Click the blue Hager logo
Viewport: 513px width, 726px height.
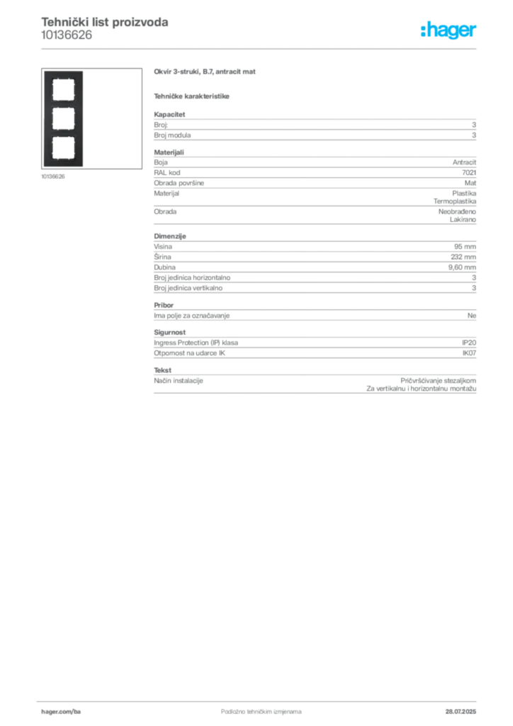450,32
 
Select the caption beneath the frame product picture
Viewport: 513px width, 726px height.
54,177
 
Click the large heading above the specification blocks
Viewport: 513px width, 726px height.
206,73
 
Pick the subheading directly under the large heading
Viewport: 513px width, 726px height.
192,96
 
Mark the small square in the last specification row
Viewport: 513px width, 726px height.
376,383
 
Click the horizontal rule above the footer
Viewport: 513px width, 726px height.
261,699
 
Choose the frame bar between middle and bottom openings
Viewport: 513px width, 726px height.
63,134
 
